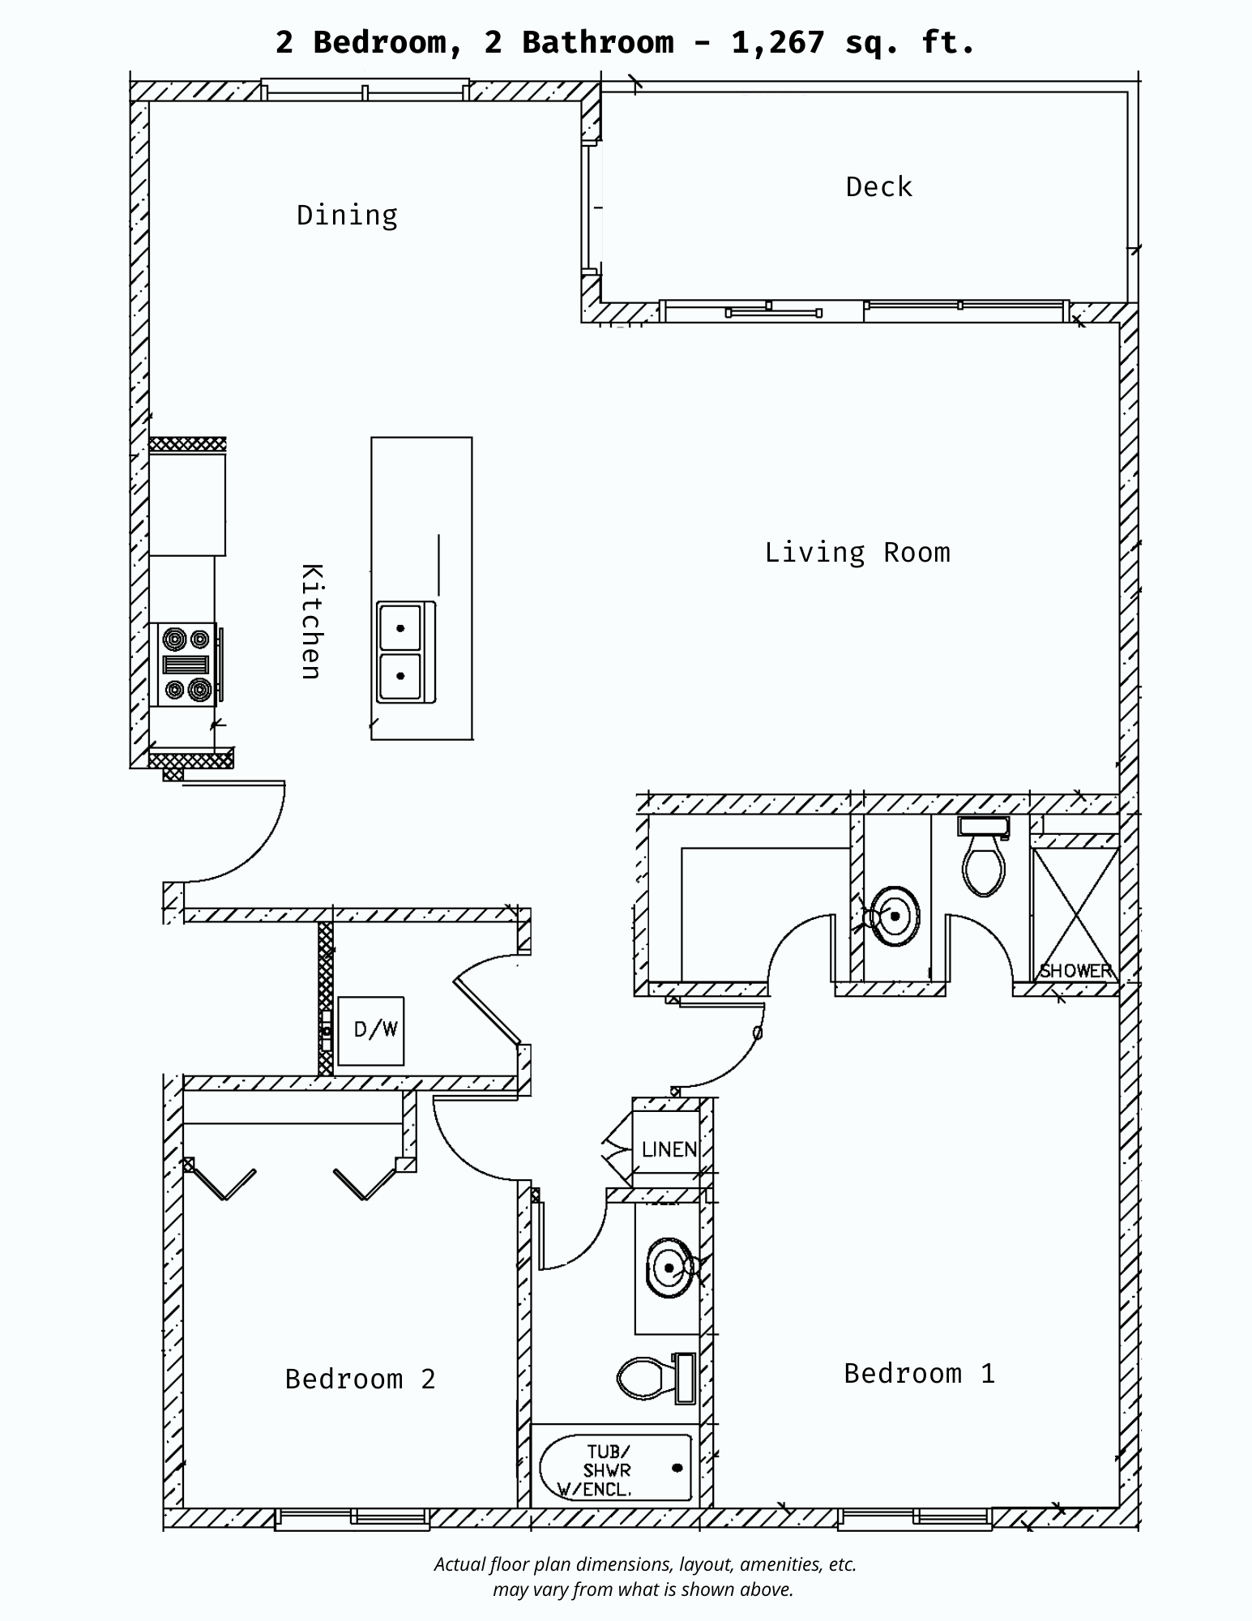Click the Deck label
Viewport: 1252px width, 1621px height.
click(x=878, y=187)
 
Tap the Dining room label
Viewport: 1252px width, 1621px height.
click(x=347, y=216)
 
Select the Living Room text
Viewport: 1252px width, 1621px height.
click(x=857, y=553)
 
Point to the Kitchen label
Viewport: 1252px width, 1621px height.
click(x=312, y=621)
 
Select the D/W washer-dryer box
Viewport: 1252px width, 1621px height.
click(x=371, y=1030)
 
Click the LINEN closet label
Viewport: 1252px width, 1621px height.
click(x=669, y=1149)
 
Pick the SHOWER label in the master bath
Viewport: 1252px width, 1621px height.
click(x=1075, y=971)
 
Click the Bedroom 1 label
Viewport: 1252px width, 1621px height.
click(x=919, y=1374)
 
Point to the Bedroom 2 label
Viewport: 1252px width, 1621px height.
click(x=360, y=1379)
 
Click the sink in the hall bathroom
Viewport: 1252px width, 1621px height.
click(x=669, y=1268)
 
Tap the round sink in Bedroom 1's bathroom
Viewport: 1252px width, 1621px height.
click(x=895, y=917)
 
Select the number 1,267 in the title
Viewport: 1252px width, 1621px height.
click(x=777, y=42)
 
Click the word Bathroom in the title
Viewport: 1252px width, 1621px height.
click(x=597, y=42)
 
